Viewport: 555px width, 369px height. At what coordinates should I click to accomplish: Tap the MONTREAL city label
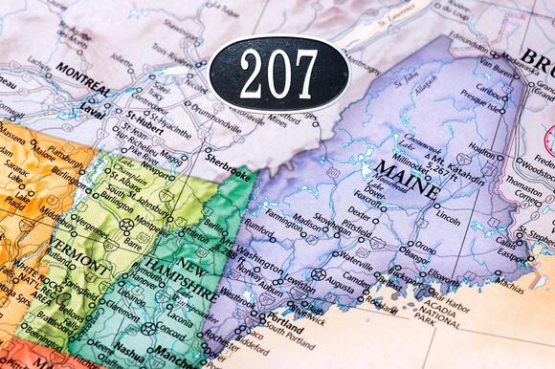pyautogui.click(x=82, y=70)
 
